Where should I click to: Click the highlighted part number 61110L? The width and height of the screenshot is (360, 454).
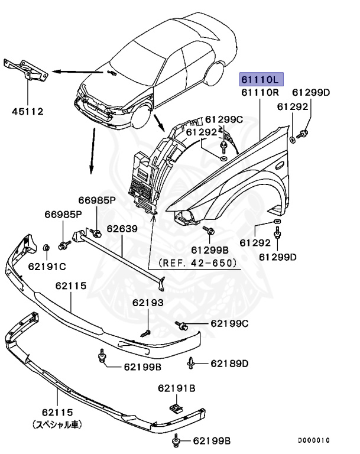(x=261, y=79)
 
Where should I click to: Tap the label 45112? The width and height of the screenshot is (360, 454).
(x=27, y=111)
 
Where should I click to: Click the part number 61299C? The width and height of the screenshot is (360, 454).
(x=223, y=119)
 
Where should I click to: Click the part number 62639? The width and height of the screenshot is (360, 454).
(x=122, y=228)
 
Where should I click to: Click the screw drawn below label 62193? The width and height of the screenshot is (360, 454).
(x=145, y=333)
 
